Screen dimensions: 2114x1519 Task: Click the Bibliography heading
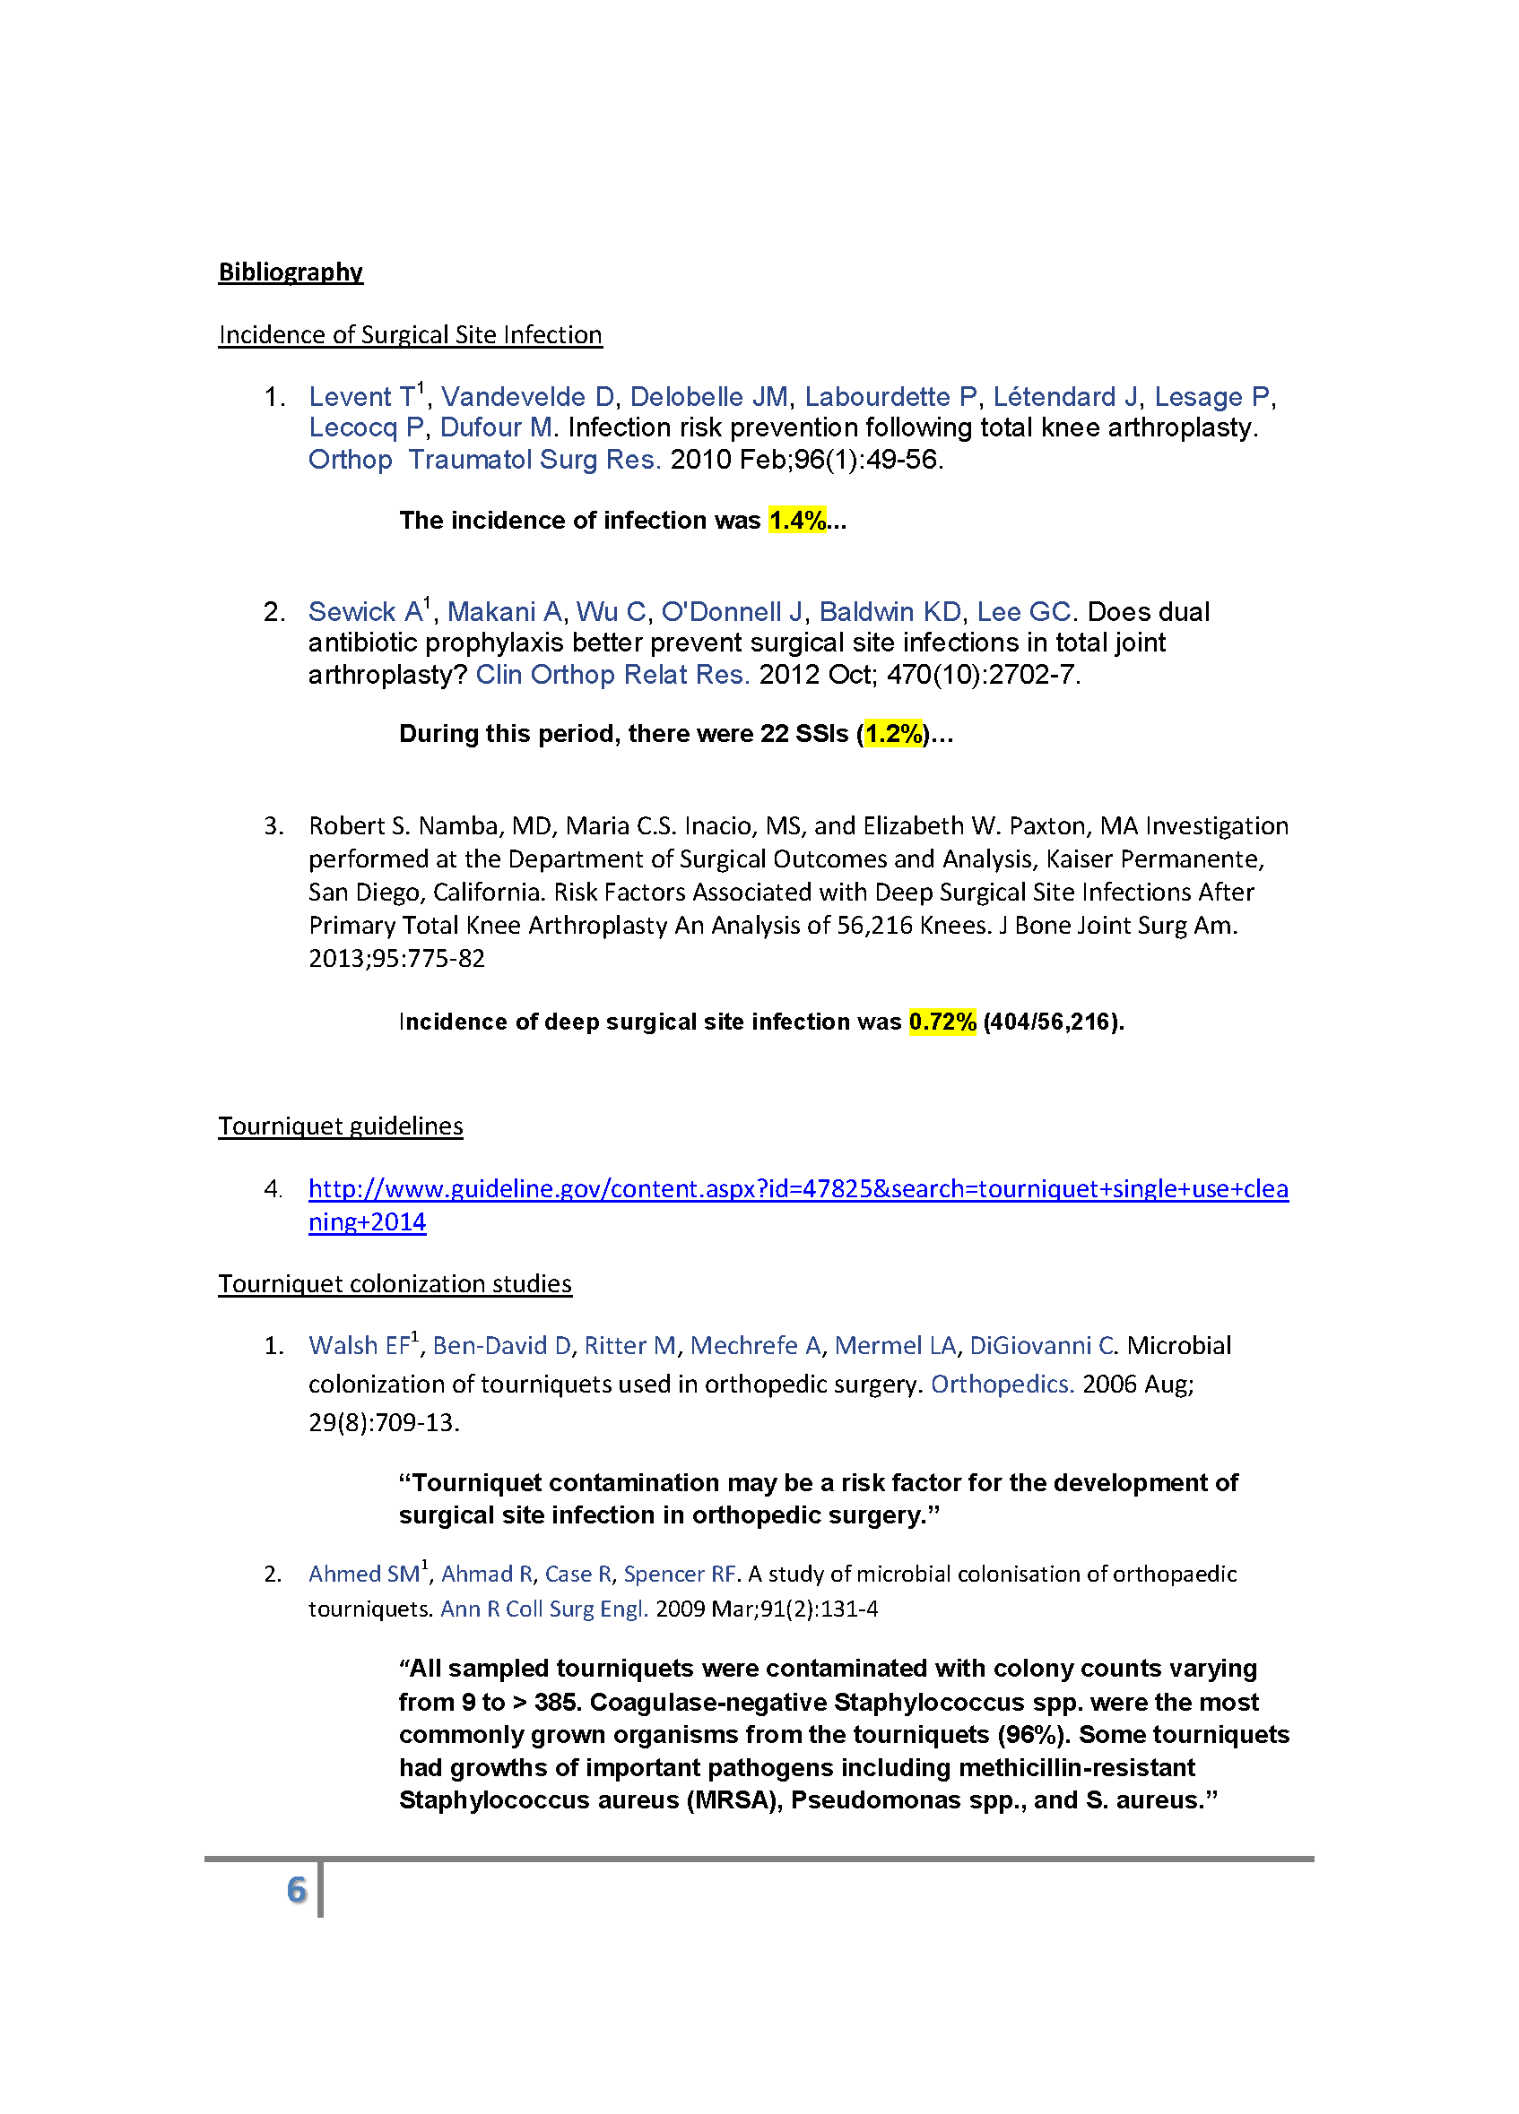290,272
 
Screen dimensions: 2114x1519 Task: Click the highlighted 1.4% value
797,520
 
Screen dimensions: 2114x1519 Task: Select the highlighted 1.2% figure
893,734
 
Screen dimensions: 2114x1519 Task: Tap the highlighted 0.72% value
942,1022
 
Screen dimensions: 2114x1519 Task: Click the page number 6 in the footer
297,1889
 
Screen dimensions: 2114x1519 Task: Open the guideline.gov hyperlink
798,1188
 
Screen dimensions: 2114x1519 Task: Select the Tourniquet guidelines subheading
341,1126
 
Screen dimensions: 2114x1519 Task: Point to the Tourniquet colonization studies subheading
395,1283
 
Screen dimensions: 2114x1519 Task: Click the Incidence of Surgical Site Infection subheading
411,334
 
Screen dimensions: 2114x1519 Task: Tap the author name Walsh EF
359,1346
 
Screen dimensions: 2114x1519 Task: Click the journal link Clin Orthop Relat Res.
612,675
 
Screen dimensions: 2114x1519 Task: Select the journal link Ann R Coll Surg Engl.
543,1609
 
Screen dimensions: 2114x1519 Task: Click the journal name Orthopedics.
1003,1385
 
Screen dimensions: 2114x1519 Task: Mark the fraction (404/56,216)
1053,1022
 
